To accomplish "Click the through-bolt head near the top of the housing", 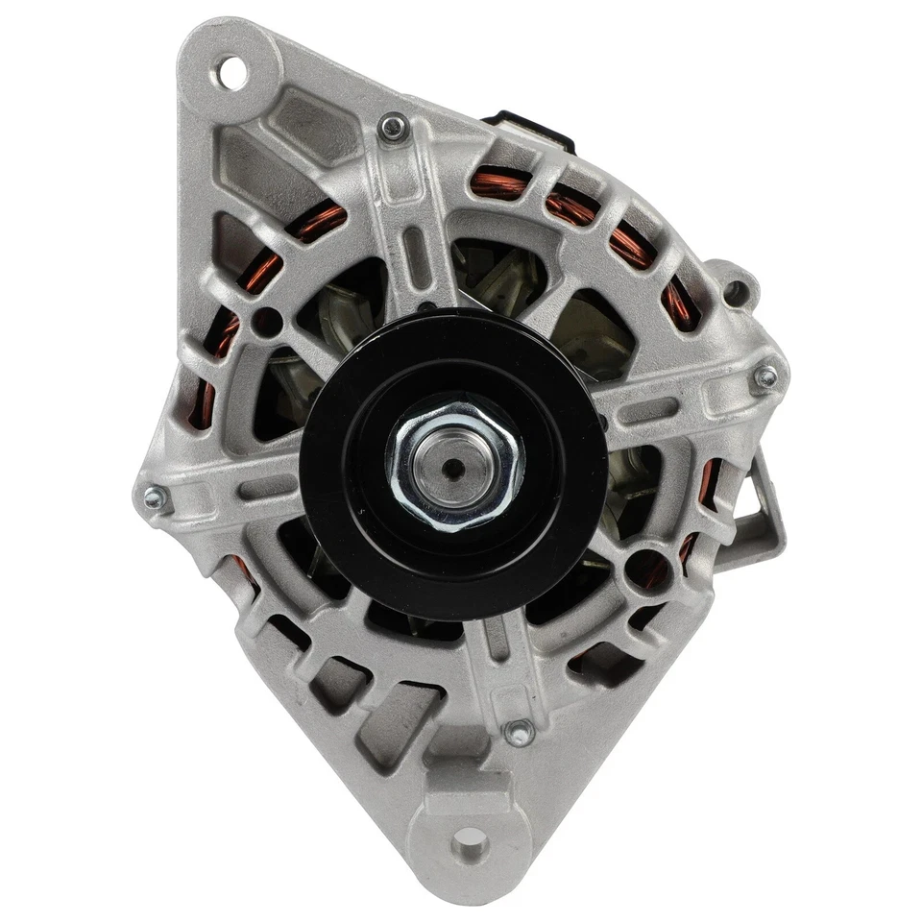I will click(392, 125).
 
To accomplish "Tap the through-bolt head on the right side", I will click(765, 377).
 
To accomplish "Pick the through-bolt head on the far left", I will click(153, 497).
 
